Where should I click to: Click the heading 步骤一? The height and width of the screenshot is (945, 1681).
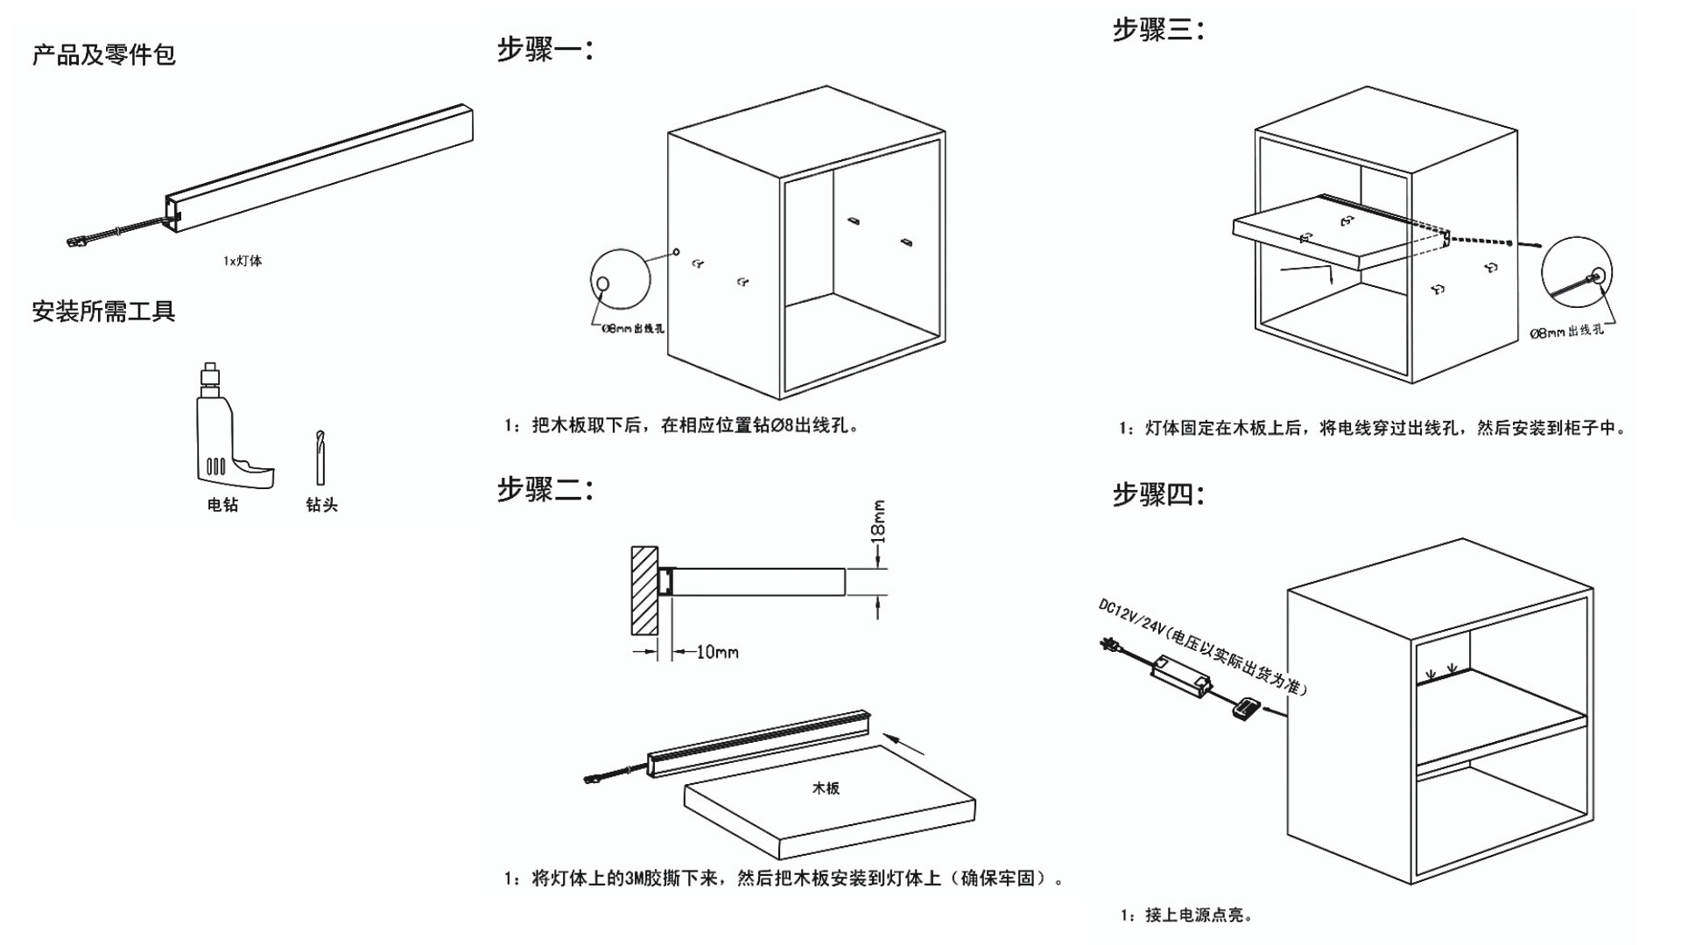coord(545,50)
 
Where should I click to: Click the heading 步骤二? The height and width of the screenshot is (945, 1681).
coord(545,489)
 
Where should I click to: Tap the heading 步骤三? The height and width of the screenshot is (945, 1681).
coord(1158,31)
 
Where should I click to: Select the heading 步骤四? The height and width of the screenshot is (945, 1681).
coord(1158,495)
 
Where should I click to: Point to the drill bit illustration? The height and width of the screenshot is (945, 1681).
coord(320,457)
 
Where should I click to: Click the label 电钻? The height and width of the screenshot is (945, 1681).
coord(222,505)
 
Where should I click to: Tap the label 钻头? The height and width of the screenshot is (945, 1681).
coord(321,505)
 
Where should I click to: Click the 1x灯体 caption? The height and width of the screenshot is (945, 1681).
coord(243,261)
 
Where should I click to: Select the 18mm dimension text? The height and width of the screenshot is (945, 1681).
coord(879,521)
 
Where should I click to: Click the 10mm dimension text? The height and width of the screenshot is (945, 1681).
coord(716,652)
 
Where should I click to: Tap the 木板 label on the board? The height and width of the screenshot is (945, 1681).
coord(826,788)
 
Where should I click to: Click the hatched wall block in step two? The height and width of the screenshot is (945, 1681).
coord(644,591)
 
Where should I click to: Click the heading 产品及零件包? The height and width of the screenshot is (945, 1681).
coord(104,55)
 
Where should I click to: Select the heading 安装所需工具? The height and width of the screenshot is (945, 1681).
coord(104,311)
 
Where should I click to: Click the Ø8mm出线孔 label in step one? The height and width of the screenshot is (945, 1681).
coord(632,328)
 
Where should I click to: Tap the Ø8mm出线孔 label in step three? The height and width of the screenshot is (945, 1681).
coord(1566,332)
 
